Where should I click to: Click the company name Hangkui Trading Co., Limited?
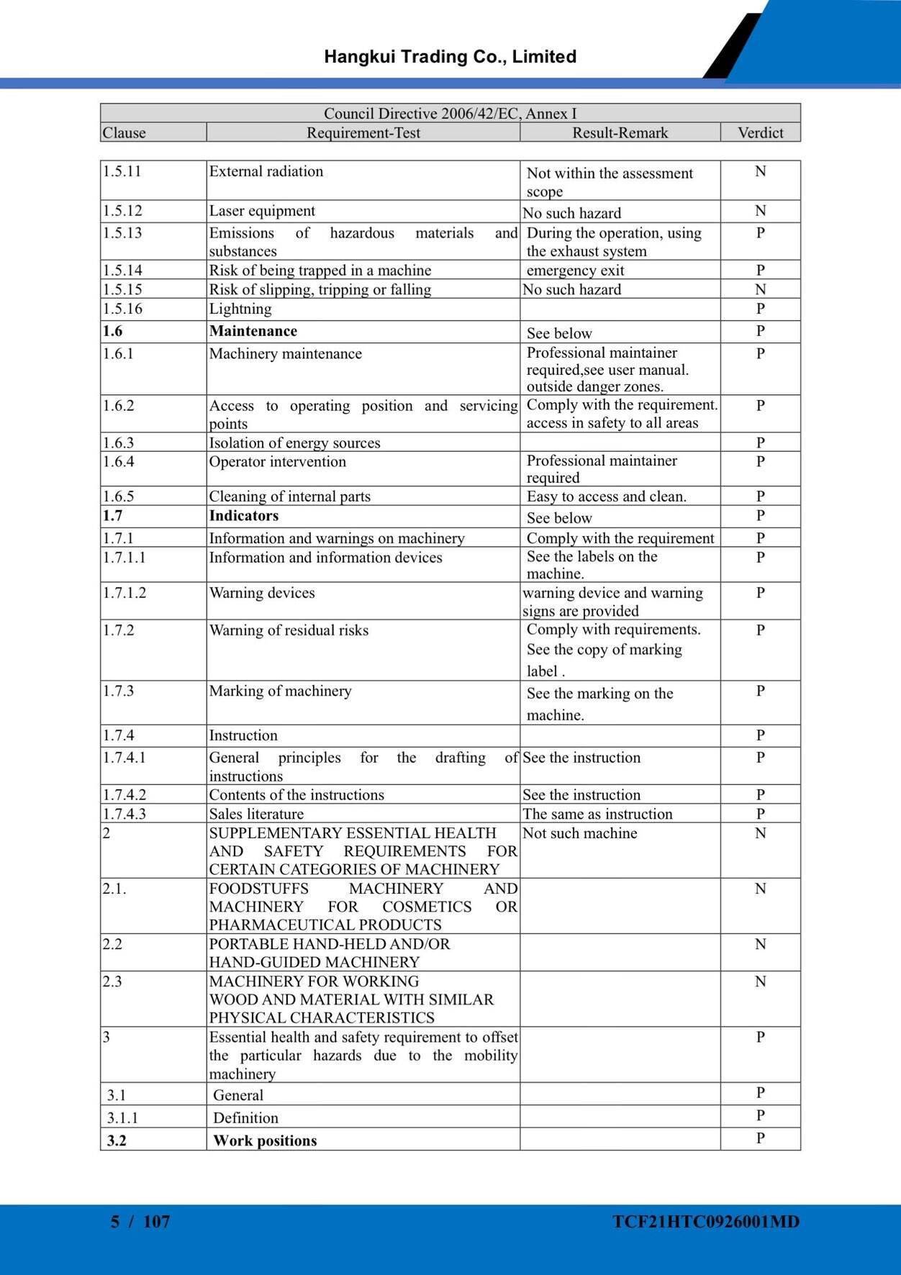click(x=450, y=57)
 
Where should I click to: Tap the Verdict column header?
click(x=760, y=132)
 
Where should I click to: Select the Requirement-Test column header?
click(x=363, y=132)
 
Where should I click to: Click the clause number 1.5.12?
click(x=122, y=211)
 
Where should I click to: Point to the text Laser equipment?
click(x=262, y=211)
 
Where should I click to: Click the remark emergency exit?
click(x=575, y=271)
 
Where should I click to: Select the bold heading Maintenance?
click(x=253, y=331)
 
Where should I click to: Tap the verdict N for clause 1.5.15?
click(x=760, y=289)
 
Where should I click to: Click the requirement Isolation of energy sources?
click(x=294, y=443)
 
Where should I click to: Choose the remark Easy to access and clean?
click(x=606, y=496)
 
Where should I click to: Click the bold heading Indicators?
click(x=243, y=516)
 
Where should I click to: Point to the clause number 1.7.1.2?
click(x=124, y=593)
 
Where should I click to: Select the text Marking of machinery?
click(x=280, y=691)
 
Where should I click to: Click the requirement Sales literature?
click(x=256, y=814)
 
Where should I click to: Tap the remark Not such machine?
click(x=579, y=833)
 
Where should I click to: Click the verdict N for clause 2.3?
click(x=760, y=981)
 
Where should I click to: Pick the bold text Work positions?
click(x=265, y=1140)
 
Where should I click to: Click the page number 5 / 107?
click(x=140, y=1222)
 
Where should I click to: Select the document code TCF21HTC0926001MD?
click(x=706, y=1222)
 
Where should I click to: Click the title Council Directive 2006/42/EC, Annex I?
click(x=450, y=113)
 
